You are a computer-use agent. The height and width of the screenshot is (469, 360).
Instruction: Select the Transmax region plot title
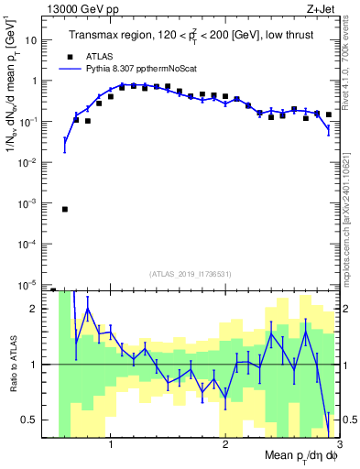(190, 35)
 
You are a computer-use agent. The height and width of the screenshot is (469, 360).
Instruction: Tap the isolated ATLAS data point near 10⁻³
(65, 209)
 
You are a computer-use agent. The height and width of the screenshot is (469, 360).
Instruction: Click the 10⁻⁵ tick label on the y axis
(30, 284)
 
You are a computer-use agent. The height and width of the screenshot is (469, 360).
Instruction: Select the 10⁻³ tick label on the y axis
(30, 202)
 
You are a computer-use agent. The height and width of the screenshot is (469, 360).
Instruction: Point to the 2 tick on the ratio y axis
(36, 309)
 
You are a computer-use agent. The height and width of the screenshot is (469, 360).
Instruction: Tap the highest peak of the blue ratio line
(88, 309)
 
